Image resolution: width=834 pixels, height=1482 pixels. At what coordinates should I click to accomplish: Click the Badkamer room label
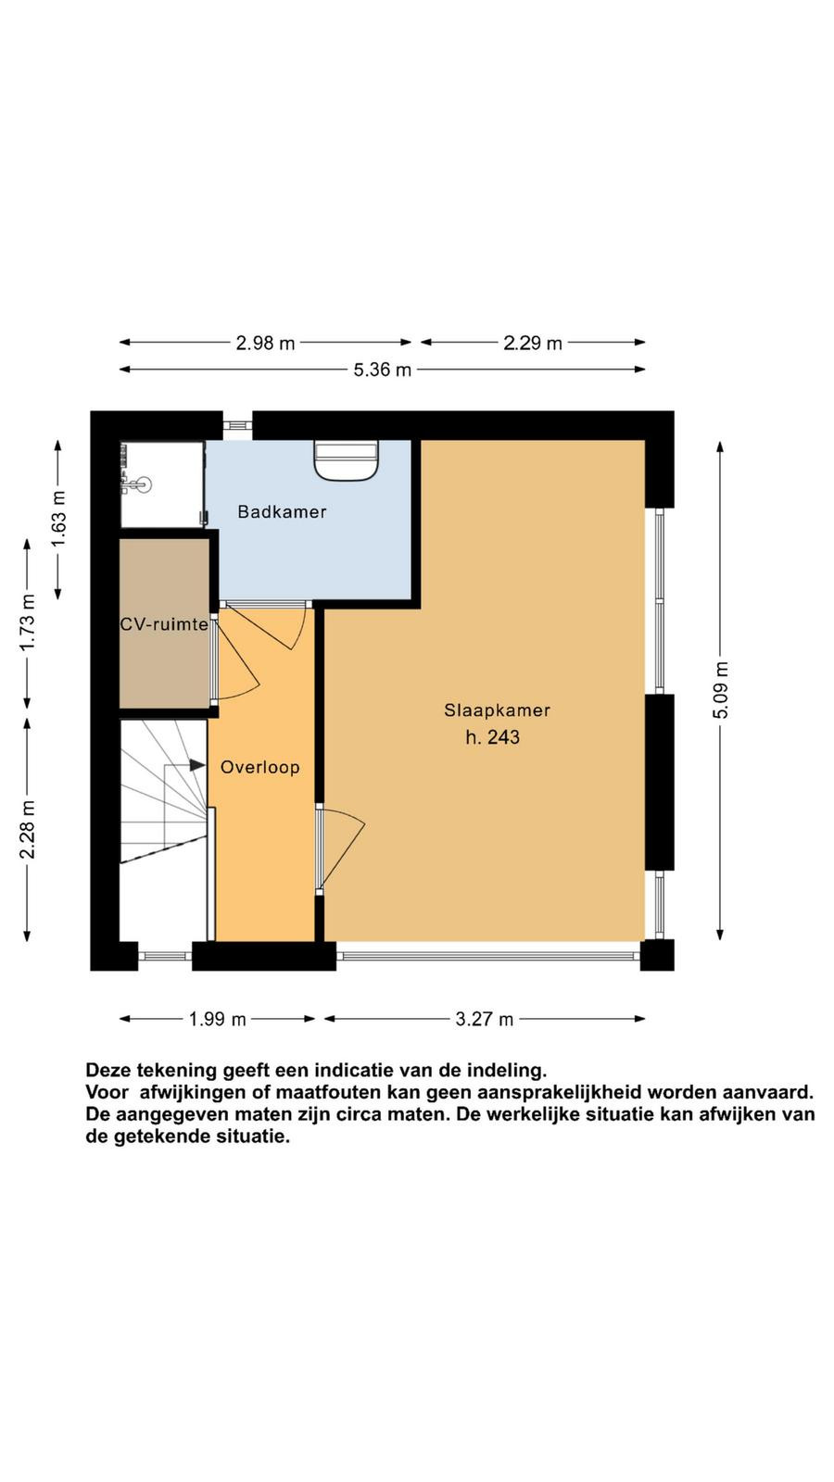point(282,512)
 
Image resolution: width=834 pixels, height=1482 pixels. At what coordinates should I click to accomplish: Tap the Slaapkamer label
point(497,710)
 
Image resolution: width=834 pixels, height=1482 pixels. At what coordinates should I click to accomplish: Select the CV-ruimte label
point(164,624)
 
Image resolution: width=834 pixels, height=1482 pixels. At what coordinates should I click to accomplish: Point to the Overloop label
point(260,768)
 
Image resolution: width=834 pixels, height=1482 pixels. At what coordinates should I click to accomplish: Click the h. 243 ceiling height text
point(492,737)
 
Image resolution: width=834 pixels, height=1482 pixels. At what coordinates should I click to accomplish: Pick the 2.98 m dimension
point(265,344)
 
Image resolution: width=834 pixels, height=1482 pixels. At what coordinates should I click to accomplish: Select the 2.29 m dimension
point(533,344)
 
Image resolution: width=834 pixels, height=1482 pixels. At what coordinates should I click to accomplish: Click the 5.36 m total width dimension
point(382,370)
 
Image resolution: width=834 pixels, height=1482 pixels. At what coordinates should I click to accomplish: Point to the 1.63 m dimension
point(59,520)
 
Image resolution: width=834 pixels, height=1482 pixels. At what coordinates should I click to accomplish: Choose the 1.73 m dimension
point(27,622)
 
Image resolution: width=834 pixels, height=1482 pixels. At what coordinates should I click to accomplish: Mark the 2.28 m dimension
point(27,830)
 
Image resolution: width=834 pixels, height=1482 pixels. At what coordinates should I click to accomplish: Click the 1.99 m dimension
point(217,1020)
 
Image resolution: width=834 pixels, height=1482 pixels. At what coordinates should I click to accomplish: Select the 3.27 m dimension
point(484,1020)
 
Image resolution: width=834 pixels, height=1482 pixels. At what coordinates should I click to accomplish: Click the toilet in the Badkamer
point(346,461)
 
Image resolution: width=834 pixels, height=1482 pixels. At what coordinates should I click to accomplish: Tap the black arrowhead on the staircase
point(197,765)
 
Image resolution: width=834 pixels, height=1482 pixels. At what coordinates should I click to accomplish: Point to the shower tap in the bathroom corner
point(134,485)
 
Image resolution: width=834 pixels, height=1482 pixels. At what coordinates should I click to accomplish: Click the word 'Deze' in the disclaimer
point(108,1071)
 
